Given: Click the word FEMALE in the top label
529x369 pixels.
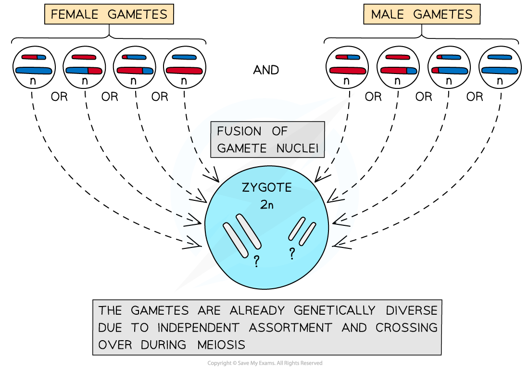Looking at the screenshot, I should point(76,14).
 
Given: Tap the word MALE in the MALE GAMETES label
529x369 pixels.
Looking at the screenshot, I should point(387,14).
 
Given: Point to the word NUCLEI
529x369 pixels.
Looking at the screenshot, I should point(297,148).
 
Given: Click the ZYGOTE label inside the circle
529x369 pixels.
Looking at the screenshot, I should point(266,187).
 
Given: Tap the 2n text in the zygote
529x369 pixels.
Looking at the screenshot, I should point(267,205).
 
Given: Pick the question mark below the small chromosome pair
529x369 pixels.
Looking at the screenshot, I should point(291,253).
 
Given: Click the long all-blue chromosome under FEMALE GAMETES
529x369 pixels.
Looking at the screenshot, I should point(34,71).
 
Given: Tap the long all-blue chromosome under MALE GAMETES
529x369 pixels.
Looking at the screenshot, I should point(500,71).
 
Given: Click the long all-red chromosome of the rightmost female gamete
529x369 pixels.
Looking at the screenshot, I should point(184,71).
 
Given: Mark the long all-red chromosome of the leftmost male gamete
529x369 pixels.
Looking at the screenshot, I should point(348,71).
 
